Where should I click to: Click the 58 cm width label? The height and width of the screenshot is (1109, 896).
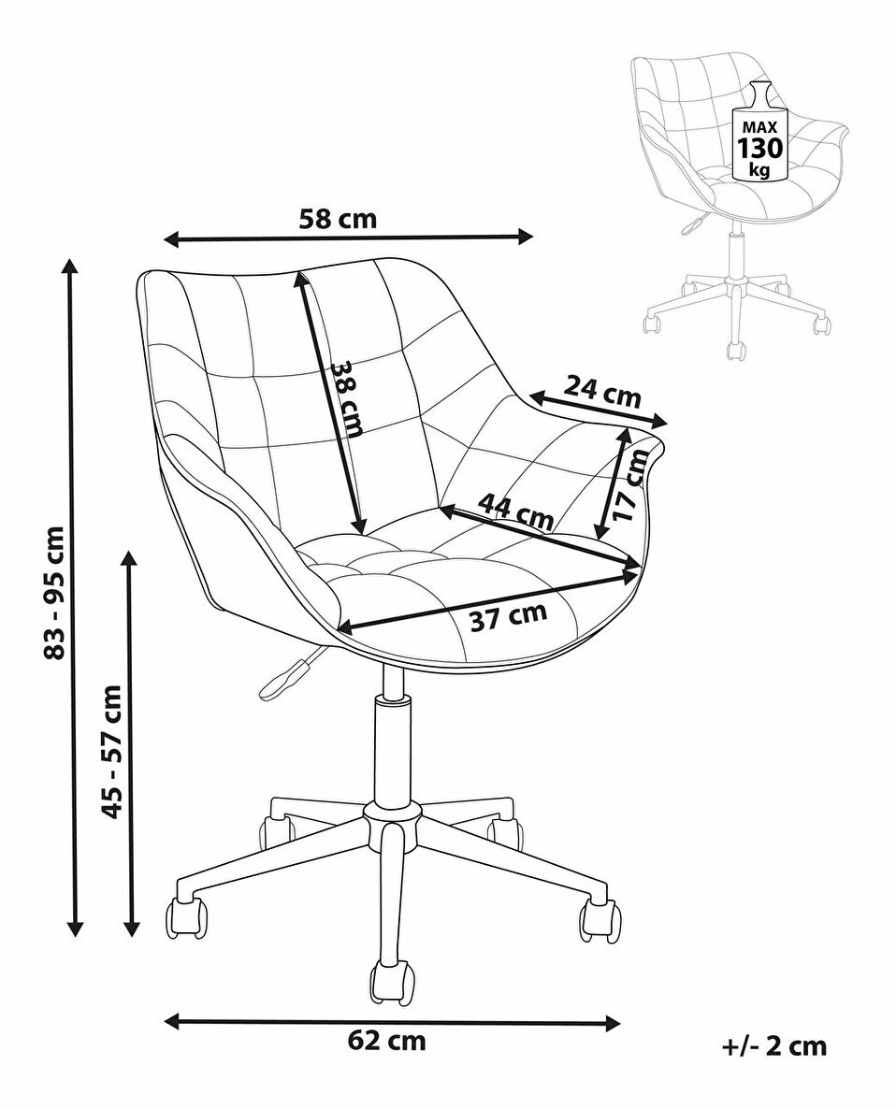tap(338, 219)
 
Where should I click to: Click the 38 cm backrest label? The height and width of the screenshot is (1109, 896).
tap(347, 398)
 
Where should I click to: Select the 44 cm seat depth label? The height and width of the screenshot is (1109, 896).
tap(515, 511)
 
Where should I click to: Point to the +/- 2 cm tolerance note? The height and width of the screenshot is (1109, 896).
tap(774, 1045)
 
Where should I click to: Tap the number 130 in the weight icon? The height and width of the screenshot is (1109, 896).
tap(760, 149)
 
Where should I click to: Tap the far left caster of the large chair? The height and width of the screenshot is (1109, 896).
tap(186, 917)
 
